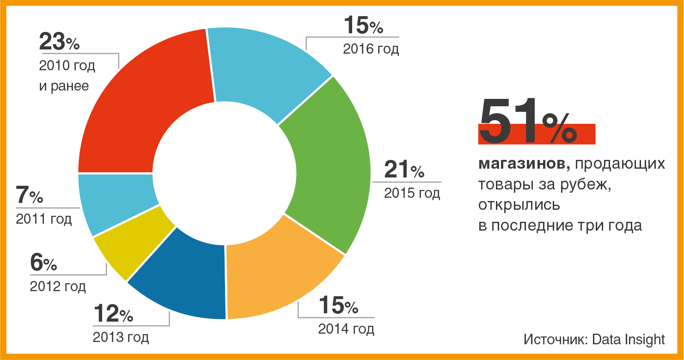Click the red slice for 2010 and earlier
(139, 106)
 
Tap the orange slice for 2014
(277, 277)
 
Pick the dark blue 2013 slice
(185, 277)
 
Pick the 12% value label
(113, 315)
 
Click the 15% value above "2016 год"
(363, 26)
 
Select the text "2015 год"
(412, 193)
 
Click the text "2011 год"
(44, 219)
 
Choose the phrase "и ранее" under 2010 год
(64, 86)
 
